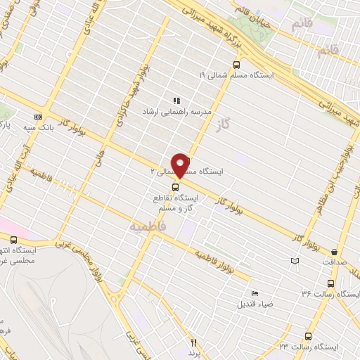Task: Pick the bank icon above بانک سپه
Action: click(37, 116)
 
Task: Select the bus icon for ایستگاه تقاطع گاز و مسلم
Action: click(178, 187)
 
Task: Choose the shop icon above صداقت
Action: click(335, 251)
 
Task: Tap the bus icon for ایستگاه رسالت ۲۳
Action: click(308, 336)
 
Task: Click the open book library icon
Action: click(295, 261)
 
